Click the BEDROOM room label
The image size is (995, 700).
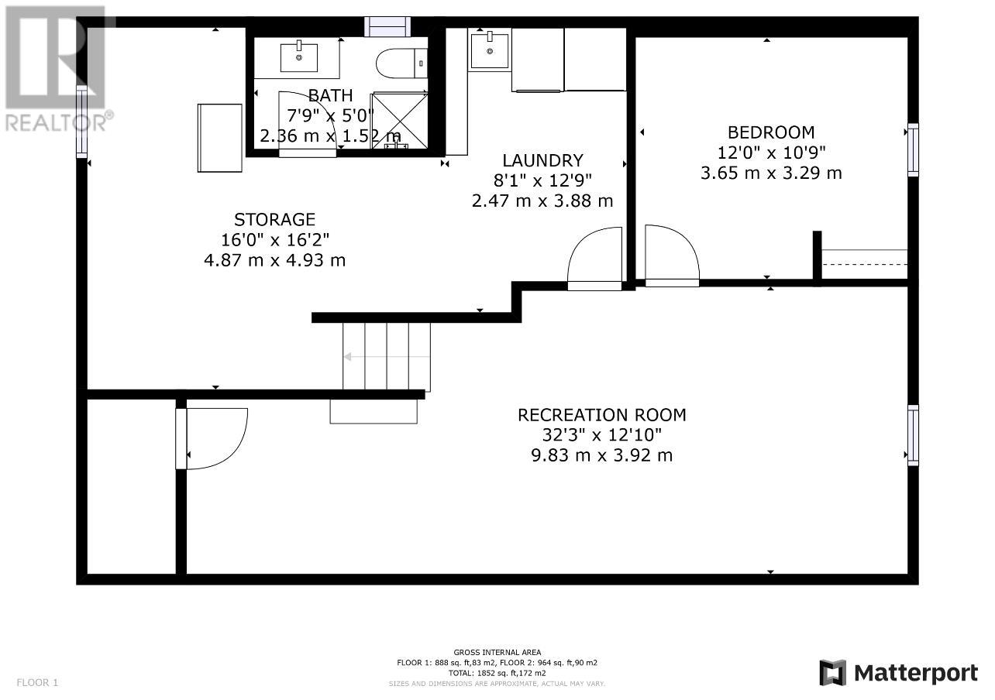771,132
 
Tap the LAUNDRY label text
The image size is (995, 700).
542,160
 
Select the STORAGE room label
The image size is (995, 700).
274,219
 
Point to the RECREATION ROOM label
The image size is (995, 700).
602,415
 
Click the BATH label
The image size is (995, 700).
330,95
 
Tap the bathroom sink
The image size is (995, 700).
299,57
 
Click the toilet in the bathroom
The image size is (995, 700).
401,63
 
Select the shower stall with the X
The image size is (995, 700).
400,120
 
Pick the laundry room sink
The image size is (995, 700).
490,51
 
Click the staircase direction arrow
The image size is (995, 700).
387,357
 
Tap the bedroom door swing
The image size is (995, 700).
672,256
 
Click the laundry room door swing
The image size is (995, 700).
595,259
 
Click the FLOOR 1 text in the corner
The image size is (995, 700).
37,682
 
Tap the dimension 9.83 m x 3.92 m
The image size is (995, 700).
602,455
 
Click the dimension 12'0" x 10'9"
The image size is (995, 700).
772,153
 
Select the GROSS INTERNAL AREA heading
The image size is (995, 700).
497,652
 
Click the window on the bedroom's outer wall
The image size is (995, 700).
913,149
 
